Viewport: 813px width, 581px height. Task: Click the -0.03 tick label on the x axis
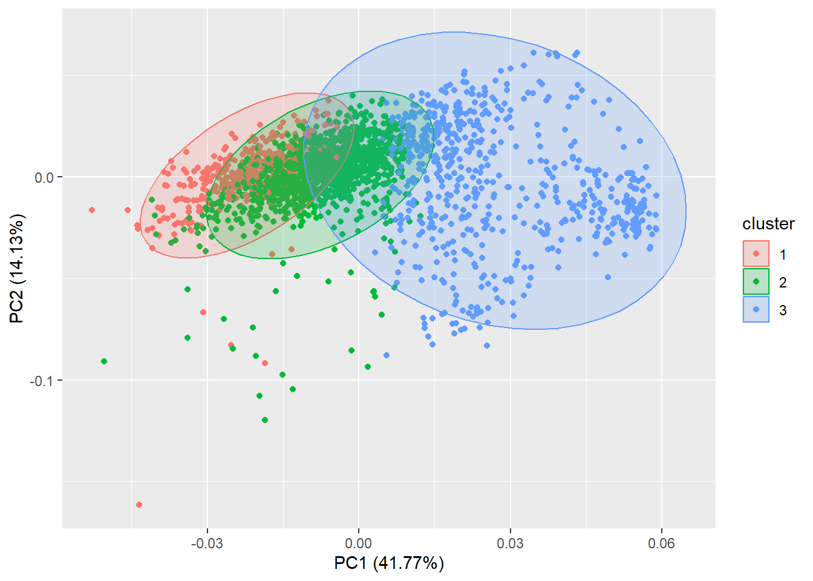pyautogui.click(x=207, y=543)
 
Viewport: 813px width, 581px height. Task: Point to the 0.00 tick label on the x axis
pyautogui.click(x=358, y=543)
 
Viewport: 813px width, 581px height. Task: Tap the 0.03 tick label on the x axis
pyautogui.click(x=510, y=543)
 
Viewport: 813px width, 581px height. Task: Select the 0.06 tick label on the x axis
pyautogui.click(x=661, y=543)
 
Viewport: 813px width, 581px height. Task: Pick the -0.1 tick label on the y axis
pyautogui.click(x=41, y=381)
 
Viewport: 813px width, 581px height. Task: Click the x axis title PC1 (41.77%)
pyautogui.click(x=389, y=563)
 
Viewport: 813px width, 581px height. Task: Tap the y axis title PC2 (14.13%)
pyautogui.click(x=16, y=268)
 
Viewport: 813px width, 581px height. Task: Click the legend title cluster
pyautogui.click(x=768, y=224)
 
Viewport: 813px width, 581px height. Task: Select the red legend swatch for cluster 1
pyautogui.click(x=756, y=254)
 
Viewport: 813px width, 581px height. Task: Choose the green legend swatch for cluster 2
pyautogui.click(x=756, y=281)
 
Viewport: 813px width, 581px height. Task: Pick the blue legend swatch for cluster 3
pyautogui.click(x=756, y=309)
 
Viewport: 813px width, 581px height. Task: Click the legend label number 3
pyautogui.click(x=783, y=310)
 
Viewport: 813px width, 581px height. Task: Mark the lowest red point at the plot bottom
pyautogui.click(x=139, y=505)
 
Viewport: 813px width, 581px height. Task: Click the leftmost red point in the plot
pyautogui.click(x=92, y=210)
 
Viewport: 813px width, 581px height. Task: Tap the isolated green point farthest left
pyautogui.click(x=104, y=361)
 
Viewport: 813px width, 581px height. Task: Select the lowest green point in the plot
pyautogui.click(x=265, y=420)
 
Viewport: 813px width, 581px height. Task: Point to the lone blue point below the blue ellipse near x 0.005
pyautogui.click(x=387, y=355)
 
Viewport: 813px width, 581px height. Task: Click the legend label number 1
pyautogui.click(x=783, y=255)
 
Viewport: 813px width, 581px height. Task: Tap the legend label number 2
pyautogui.click(x=783, y=283)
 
